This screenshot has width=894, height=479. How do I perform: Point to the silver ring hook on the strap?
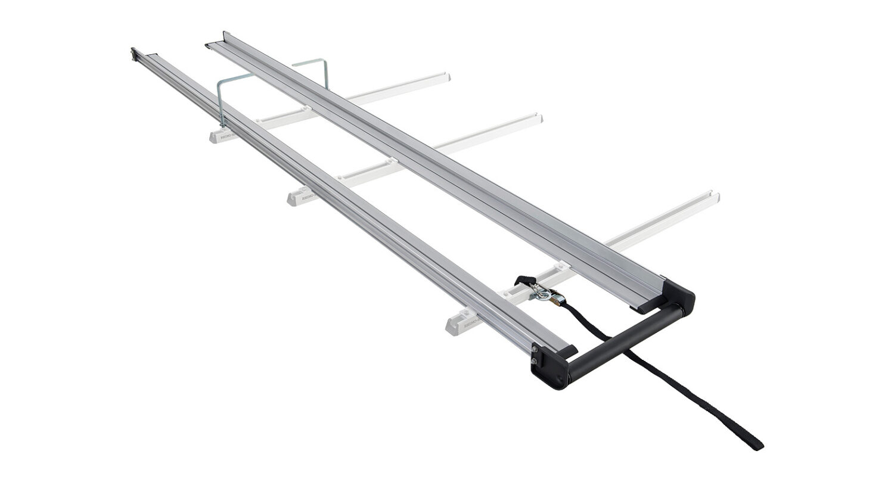click(x=538, y=291)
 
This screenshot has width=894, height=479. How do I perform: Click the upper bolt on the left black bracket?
click(x=534, y=350)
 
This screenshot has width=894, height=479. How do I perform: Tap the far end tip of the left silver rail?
click(x=134, y=54)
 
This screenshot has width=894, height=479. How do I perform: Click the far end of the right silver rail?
click(x=210, y=44)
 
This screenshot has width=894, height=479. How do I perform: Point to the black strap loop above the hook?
click(x=524, y=280)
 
